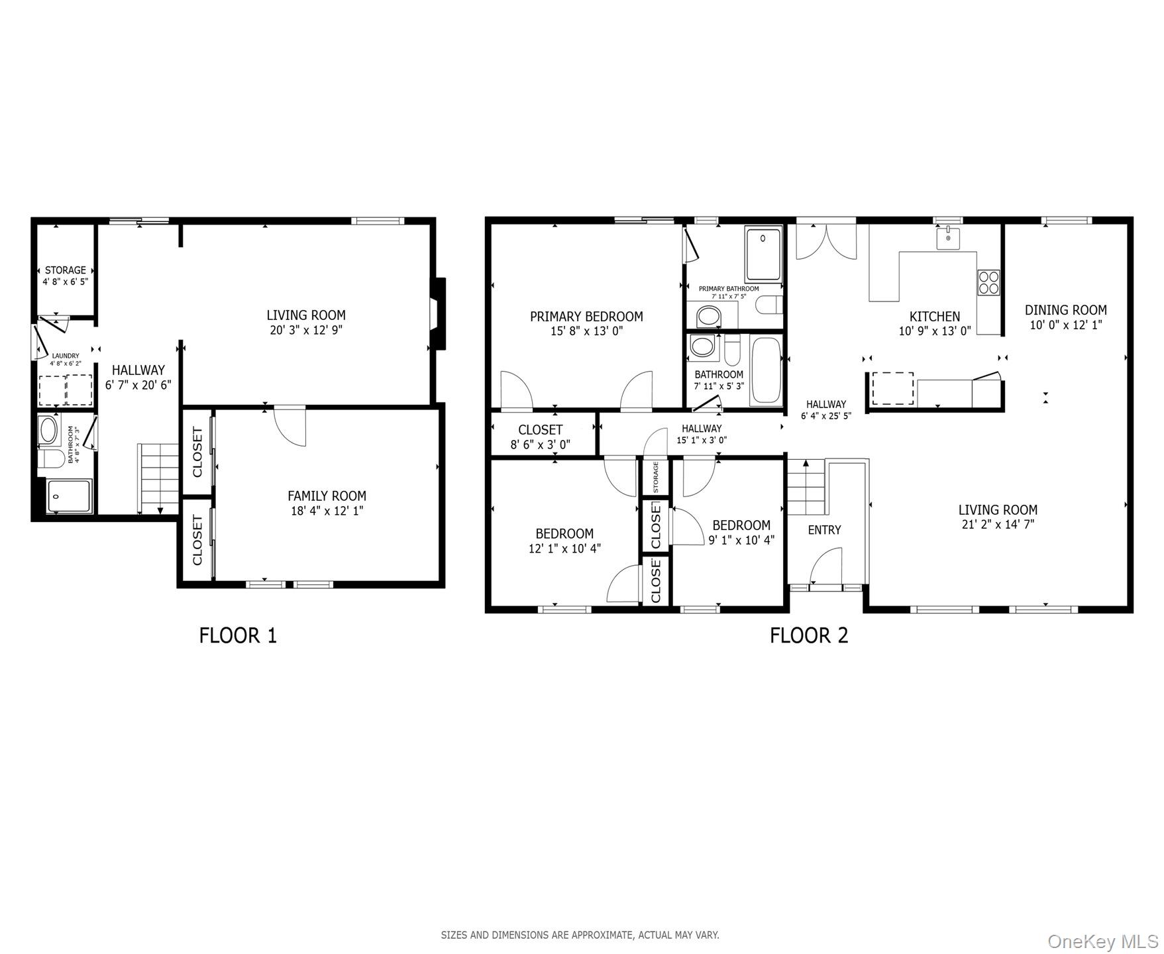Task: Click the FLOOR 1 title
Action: pyautogui.click(x=238, y=635)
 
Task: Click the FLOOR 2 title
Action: pyautogui.click(x=809, y=635)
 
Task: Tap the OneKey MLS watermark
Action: pyautogui.click(x=1103, y=941)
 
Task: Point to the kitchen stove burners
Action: pyautogui.click(x=988, y=282)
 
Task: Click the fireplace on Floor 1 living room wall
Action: pyautogui.click(x=437, y=313)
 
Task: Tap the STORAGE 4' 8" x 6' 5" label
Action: pyautogui.click(x=66, y=276)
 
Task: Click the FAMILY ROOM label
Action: pyautogui.click(x=327, y=496)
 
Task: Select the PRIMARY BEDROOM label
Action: pyautogui.click(x=586, y=317)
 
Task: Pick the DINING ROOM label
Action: pyautogui.click(x=1066, y=309)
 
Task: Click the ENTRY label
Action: pyautogui.click(x=824, y=530)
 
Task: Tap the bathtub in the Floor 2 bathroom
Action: pyautogui.click(x=767, y=371)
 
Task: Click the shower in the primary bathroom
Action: pyautogui.click(x=764, y=254)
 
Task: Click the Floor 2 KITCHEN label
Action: pyautogui.click(x=935, y=317)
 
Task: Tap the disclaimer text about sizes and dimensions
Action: pyautogui.click(x=580, y=935)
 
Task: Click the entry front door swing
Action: pyautogui.click(x=826, y=566)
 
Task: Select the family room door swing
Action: pyautogui.click(x=290, y=426)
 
